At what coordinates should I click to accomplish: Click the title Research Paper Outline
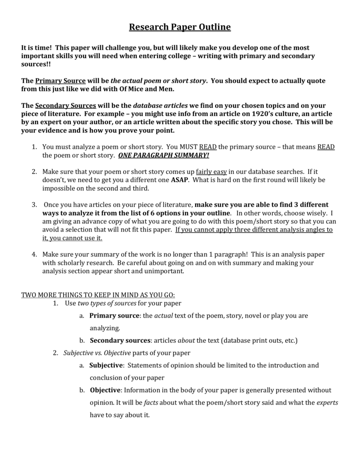click(x=180, y=27)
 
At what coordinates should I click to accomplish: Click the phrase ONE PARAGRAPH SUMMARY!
click(x=164, y=155)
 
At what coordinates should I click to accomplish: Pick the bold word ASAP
click(x=179, y=180)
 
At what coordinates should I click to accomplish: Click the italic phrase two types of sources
click(x=107, y=303)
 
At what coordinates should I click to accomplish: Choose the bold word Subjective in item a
click(x=106, y=365)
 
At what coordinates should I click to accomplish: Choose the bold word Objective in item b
click(x=105, y=390)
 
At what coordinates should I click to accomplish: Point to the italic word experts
click(x=327, y=403)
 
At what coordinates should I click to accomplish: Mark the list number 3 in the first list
click(x=34, y=204)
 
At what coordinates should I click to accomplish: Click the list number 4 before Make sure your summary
click(x=34, y=254)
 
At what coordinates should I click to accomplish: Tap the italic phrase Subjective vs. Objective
click(x=97, y=353)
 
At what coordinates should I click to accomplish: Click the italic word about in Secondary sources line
click(x=186, y=340)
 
